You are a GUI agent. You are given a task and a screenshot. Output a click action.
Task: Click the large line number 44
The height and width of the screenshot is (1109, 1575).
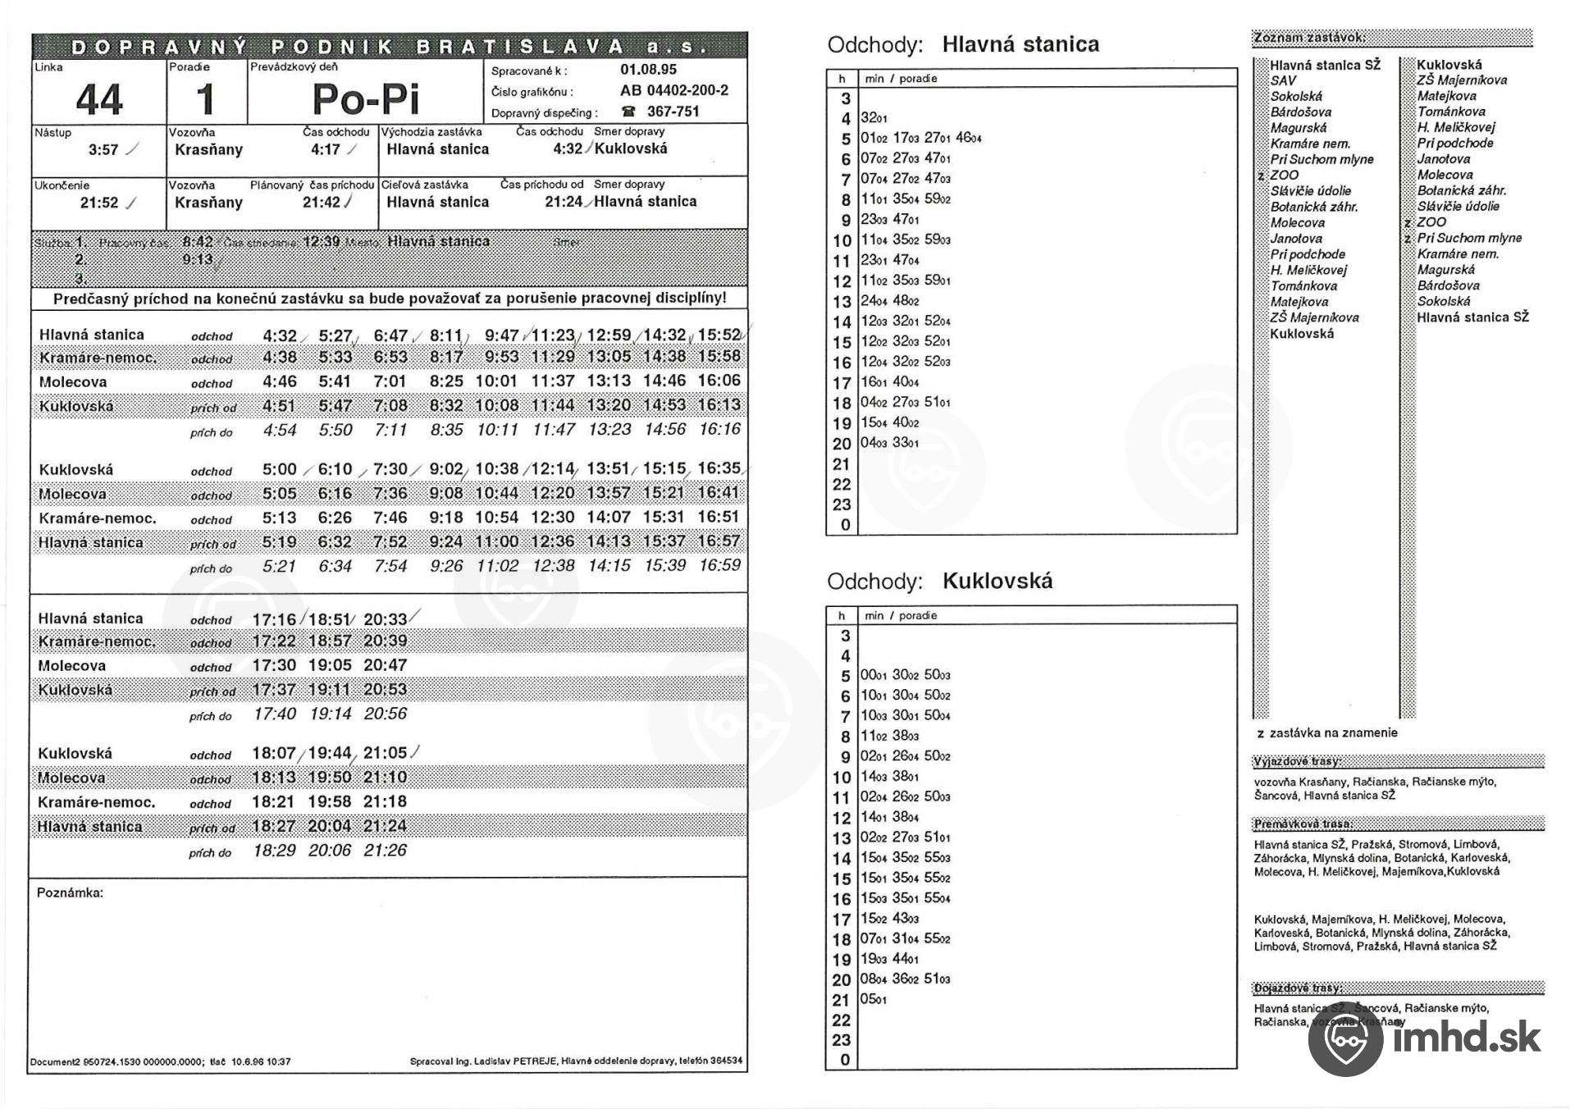(x=98, y=100)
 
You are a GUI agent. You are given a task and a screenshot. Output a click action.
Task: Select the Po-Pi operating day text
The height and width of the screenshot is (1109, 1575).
(x=366, y=99)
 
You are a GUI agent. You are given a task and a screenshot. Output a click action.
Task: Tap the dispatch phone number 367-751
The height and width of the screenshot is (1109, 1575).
(x=673, y=112)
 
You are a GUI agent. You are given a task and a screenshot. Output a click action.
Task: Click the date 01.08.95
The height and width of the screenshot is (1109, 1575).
(x=648, y=70)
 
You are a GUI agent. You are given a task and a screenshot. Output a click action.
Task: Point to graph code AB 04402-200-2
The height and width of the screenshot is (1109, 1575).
(x=673, y=90)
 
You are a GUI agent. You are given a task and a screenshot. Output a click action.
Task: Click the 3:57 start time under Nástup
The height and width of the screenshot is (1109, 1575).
(x=103, y=150)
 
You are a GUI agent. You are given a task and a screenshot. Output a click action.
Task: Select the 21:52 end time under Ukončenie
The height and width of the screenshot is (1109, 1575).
(x=99, y=203)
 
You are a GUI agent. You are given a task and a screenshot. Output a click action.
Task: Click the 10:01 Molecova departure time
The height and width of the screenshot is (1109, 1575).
(x=496, y=381)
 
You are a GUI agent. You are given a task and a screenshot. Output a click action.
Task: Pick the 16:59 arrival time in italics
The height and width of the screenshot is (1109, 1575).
(x=719, y=565)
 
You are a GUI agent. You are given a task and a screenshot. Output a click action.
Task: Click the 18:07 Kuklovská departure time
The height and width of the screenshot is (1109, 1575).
(x=273, y=753)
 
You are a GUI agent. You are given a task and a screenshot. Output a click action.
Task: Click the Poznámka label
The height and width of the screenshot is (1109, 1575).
(x=70, y=892)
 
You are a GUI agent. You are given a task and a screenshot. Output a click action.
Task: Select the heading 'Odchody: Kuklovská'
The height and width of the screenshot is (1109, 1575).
(x=939, y=582)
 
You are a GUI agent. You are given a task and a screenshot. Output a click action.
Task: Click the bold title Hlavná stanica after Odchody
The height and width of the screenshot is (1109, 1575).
(x=1020, y=44)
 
